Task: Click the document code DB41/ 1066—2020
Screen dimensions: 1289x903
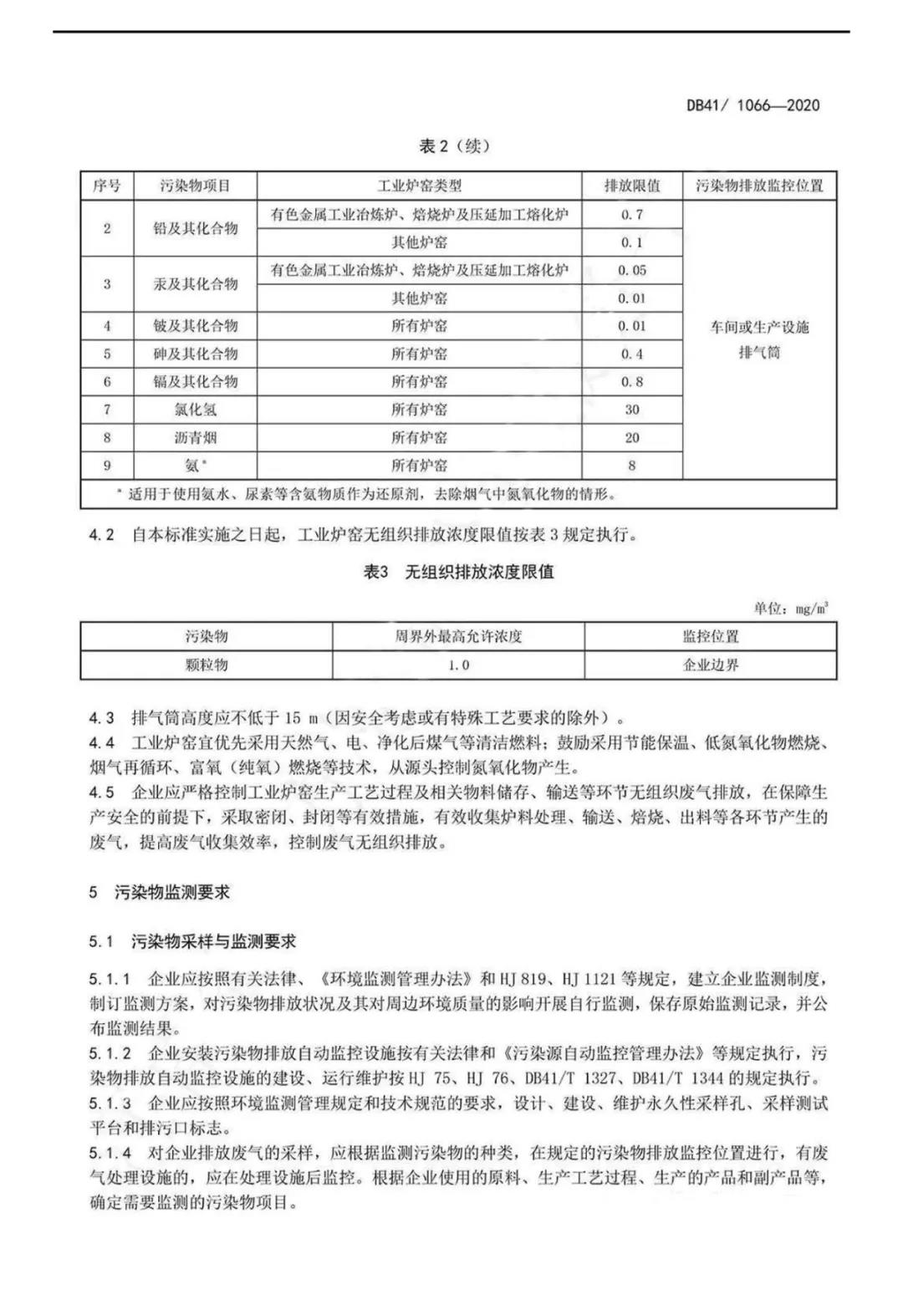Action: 752,105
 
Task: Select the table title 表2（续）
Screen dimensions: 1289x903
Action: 454,146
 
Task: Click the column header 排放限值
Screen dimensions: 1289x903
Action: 632,186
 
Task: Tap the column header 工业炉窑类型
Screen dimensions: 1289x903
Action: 419,186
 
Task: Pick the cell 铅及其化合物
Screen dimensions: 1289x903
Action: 196,228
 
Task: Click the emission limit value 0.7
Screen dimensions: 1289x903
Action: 632,215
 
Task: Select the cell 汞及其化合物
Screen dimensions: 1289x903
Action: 196,284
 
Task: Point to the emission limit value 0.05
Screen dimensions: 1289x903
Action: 632,270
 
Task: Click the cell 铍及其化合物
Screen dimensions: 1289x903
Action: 196,326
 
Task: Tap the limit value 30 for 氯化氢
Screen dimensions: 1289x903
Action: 632,410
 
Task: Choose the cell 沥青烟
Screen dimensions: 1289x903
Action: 196,437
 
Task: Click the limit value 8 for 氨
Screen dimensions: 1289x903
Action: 632,466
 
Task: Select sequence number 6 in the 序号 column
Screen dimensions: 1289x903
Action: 107,382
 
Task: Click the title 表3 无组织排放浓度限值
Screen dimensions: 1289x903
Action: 458,573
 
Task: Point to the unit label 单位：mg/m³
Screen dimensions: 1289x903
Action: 790,609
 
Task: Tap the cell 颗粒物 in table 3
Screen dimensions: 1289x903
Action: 207,665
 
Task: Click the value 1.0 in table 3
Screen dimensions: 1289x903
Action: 458,665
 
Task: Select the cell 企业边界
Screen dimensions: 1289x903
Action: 711,665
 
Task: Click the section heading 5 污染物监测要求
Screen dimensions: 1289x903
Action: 160,892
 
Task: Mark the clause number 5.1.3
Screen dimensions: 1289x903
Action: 110,1103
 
